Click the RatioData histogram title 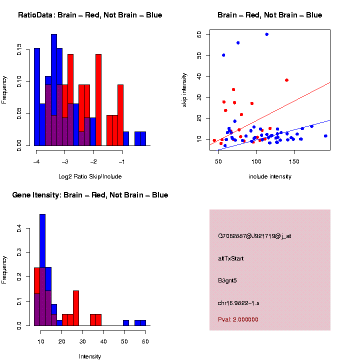tap(90, 15)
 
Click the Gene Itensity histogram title tap(90, 194)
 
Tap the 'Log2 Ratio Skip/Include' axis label tap(90, 176)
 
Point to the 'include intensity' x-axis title tap(270, 176)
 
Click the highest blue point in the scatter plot tap(267, 34)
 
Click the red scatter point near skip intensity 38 tap(286, 80)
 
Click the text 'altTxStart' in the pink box tap(231, 258)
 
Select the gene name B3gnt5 tap(227, 280)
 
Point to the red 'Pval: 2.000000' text tap(238, 319)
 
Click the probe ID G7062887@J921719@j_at tap(254, 236)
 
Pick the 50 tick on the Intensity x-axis tap(124, 341)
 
